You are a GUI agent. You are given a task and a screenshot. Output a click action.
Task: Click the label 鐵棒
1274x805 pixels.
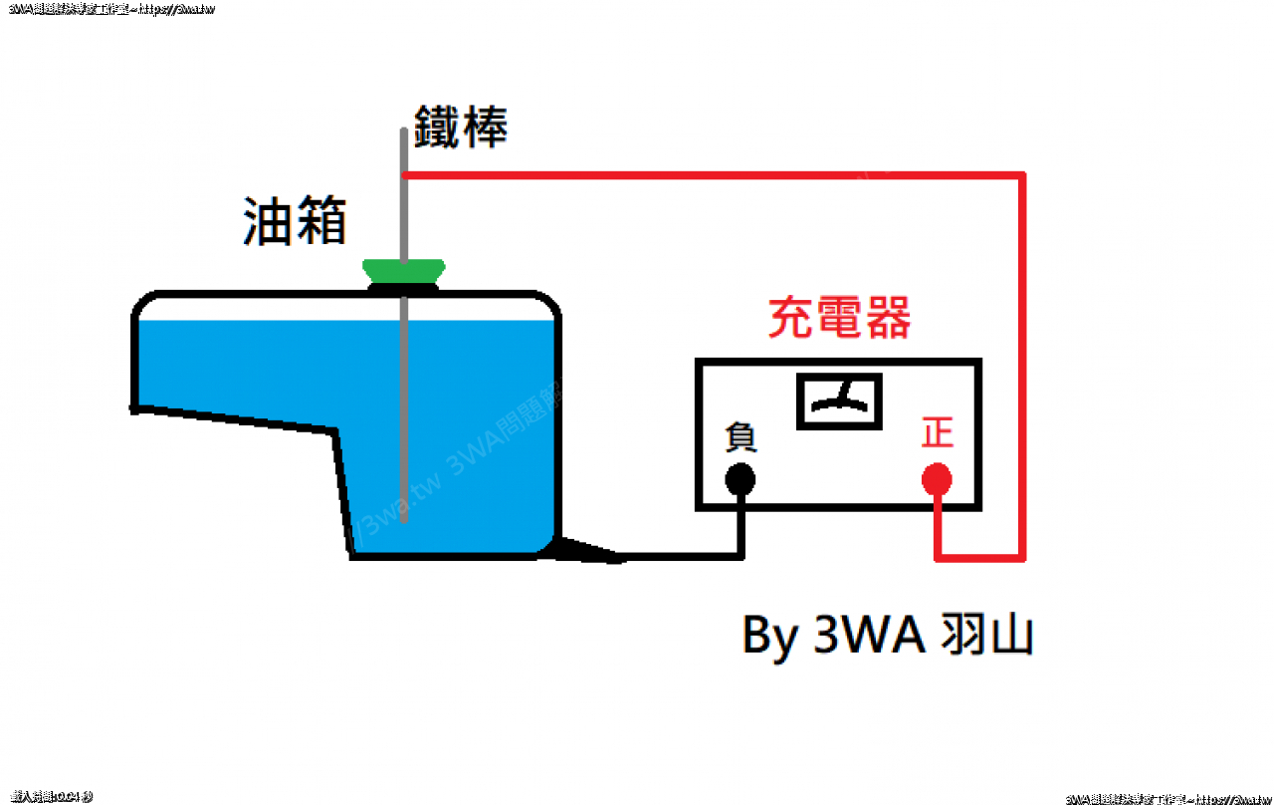coord(461,128)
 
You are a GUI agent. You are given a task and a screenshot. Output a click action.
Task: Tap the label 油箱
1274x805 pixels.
coord(295,220)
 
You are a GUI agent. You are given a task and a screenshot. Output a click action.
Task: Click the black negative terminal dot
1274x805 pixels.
coord(740,480)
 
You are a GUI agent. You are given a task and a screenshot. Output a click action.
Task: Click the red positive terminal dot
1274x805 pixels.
coord(937,480)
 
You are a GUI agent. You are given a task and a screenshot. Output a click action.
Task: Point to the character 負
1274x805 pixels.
coord(742,435)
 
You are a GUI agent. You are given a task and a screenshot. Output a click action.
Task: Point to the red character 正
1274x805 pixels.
coord(938,433)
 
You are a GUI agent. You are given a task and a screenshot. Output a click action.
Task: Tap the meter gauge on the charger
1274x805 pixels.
coord(840,402)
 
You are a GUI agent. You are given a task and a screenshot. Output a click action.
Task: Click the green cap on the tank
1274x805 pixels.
coord(403,270)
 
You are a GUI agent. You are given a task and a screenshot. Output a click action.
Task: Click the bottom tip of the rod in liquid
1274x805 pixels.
coord(403,518)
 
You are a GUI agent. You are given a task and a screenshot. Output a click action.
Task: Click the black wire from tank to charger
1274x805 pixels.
coord(687,556)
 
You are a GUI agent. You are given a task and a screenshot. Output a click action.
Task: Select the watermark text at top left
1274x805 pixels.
coord(109,8)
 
